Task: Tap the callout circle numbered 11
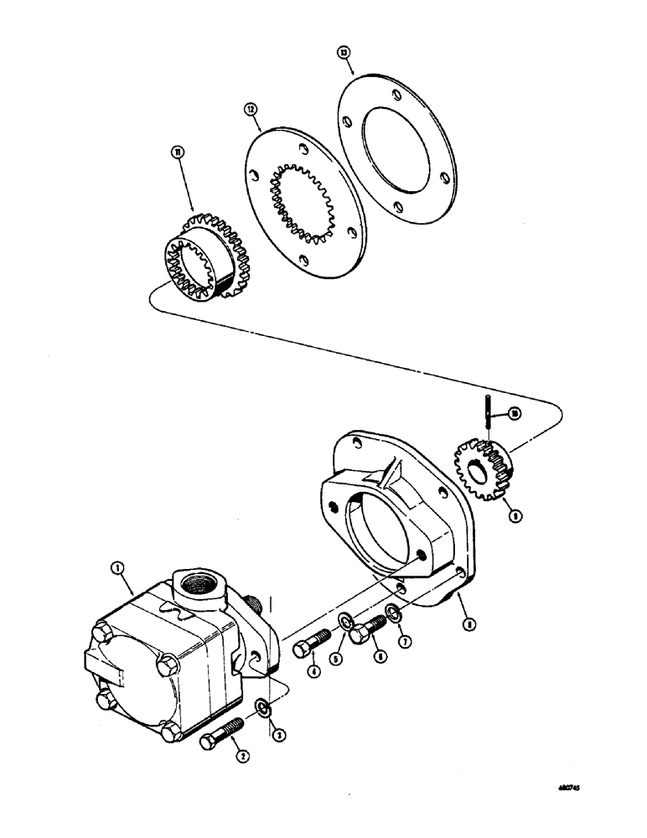click(x=178, y=151)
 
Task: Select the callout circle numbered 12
click(x=249, y=109)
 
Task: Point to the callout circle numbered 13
click(x=344, y=52)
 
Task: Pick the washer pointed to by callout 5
click(x=344, y=621)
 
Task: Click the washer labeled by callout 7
click(x=391, y=620)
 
